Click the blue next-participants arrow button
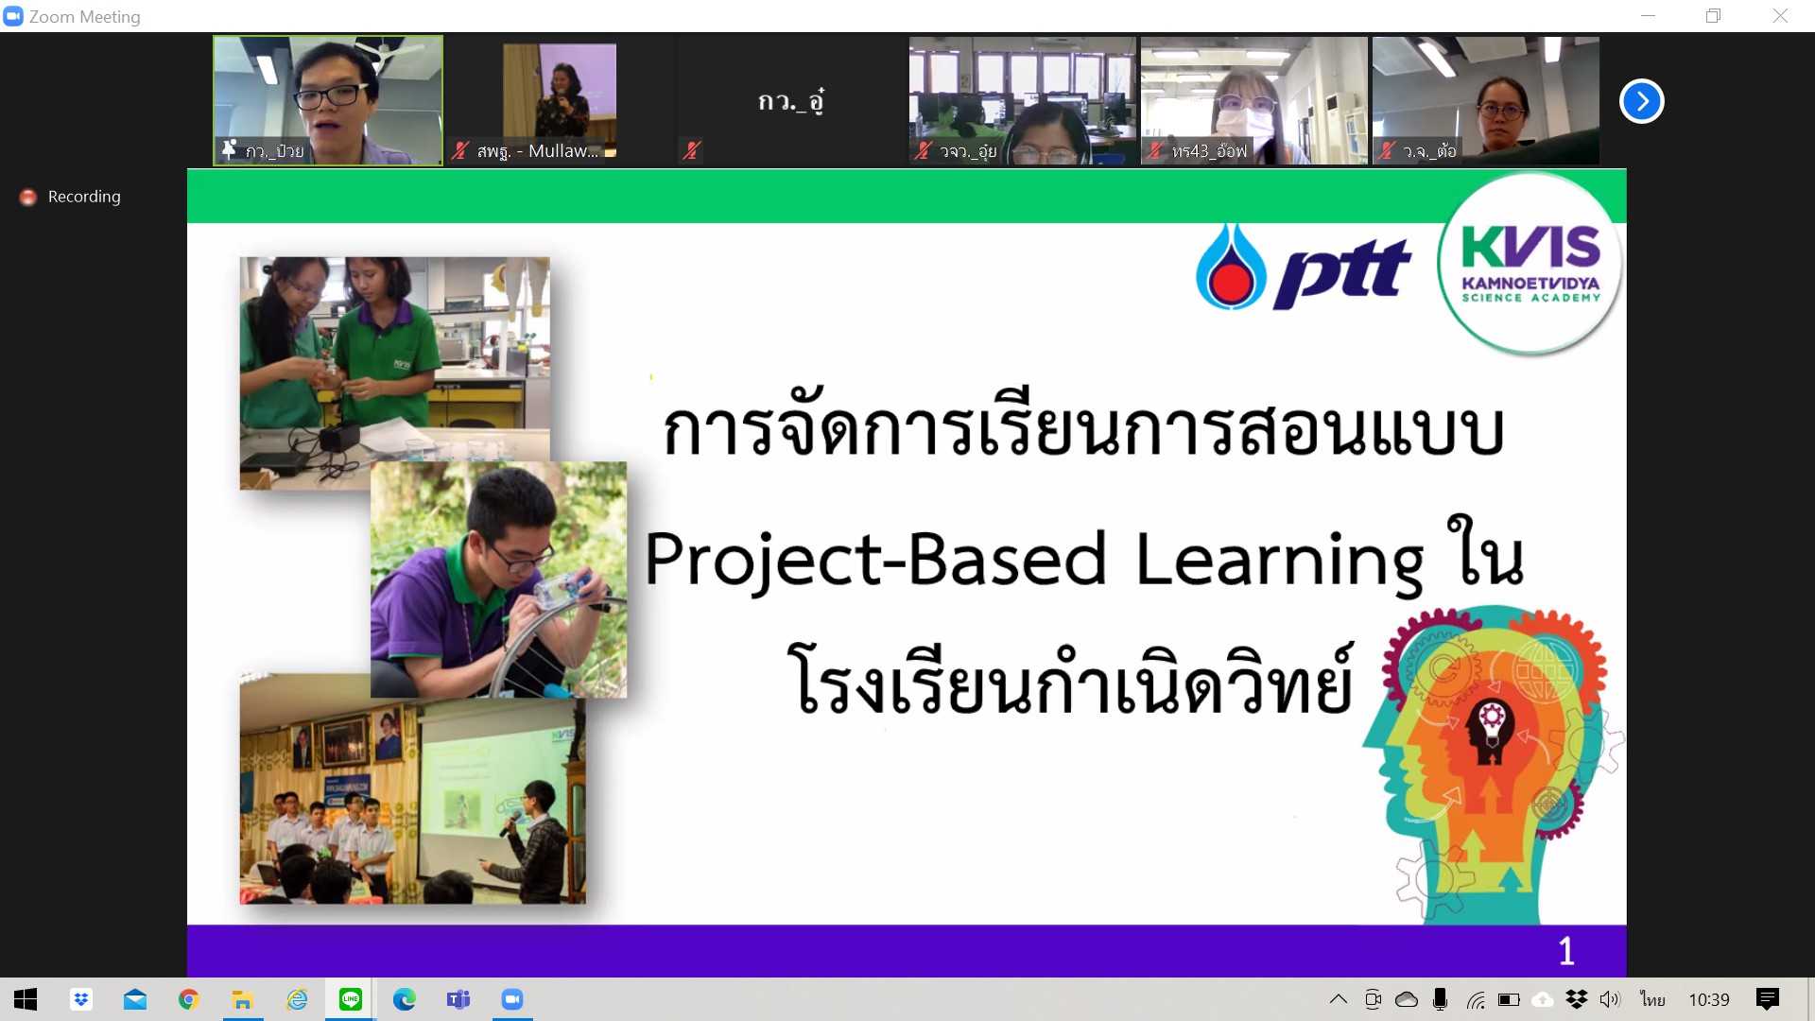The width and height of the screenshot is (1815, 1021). point(1642,101)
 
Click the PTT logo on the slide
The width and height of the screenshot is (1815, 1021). point(1304,268)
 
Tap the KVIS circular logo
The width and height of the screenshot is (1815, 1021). point(1530,264)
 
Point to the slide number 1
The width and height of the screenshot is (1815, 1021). point(1566,951)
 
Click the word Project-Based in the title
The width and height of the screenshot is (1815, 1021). point(875,559)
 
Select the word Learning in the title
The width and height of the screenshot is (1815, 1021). point(1280,562)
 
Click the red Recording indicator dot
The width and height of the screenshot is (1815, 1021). point(28,197)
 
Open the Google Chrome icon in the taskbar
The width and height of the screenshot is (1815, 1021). point(189,999)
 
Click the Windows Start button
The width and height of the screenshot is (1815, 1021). point(26,999)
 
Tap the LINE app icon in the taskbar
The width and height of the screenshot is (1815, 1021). point(351,999)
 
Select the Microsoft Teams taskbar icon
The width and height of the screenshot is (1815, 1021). point(458,999)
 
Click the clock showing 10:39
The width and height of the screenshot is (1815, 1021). point(1709,1000)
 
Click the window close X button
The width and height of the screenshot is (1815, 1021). point(1780,16)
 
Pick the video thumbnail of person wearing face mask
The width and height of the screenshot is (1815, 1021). point(1254,101)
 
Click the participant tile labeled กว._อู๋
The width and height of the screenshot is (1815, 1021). point(791,101)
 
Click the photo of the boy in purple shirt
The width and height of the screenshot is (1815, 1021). point(498,580)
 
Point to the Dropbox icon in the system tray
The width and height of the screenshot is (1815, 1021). point(1576,999)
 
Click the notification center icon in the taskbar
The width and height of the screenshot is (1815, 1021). point(1767,999)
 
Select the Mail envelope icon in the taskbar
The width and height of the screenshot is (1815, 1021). point(135,999)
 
